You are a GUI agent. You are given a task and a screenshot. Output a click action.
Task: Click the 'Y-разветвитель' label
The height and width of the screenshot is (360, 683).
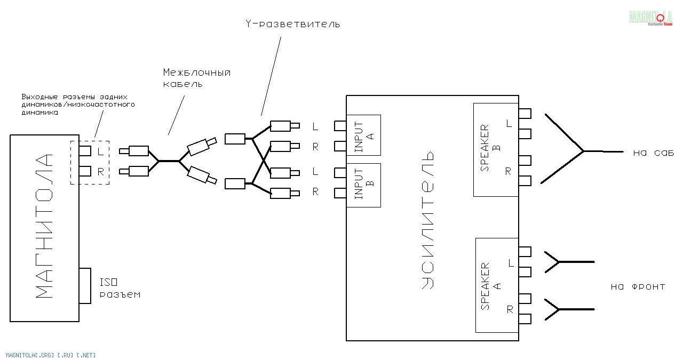[x=293, y=24]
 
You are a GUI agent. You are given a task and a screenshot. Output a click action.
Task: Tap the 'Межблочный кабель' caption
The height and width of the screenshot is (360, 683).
[x=197, y=78]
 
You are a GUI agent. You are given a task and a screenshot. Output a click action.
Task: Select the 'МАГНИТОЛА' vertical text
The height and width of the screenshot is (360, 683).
[x=44, y=226]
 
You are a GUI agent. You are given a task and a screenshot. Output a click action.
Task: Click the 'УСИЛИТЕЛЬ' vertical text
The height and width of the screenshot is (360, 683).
[x=427, y=220]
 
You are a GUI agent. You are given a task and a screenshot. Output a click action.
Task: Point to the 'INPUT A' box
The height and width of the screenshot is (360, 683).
[x=363, y=135]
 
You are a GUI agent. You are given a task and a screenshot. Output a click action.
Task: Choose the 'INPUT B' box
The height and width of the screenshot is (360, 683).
[x=363, y=186]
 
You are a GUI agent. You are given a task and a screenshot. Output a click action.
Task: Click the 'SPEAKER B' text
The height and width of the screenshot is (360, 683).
[x=490, y=148]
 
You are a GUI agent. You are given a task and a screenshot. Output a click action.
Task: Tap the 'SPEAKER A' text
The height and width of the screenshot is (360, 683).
[x=490, y=286]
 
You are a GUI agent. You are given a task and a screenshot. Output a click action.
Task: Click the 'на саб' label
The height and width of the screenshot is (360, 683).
[x=653, y=153]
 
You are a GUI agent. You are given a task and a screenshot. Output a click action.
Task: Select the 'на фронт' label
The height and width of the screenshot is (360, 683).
[x=638, y=286]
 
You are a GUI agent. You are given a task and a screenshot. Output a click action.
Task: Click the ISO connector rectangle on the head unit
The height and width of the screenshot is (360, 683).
[x=85, y=286]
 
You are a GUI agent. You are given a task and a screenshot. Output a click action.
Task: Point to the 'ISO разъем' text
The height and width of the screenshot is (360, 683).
[x=120, y=288]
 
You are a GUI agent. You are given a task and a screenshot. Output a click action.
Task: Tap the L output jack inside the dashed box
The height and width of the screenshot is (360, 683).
[x=85, y=151]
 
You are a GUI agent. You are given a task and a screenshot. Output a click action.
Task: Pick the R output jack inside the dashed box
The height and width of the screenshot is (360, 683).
[x=85, y=171]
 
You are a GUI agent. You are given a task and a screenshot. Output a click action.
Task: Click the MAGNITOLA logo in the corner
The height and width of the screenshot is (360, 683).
[x=650, y=18]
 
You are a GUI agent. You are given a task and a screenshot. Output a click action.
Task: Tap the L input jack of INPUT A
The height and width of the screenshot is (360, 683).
[x=340, y=126]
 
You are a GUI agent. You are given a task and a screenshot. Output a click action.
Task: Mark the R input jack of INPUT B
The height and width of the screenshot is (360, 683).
[x=340, y=193]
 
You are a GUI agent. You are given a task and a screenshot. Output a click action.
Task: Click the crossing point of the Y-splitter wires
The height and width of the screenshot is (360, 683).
[x=264, y=160]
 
